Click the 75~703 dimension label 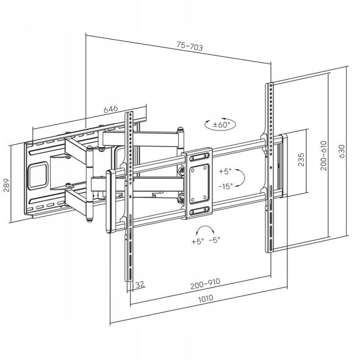click(190, 46)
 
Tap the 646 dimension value click(110, 109)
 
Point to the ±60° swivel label click(221, 124)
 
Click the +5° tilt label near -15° click(225, 171)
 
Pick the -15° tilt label click(226, 186)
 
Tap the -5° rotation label click(215, 240)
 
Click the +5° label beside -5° click(198, 241)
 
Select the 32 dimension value click(140, 284)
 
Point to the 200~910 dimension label click(205, 284)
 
